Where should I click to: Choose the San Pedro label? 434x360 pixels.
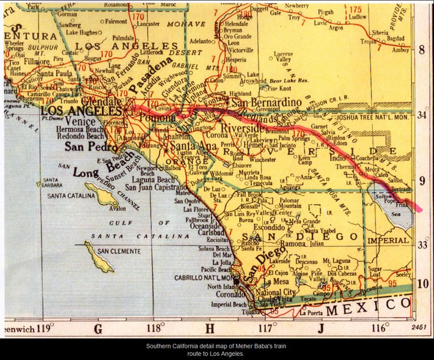(x=91, y=147)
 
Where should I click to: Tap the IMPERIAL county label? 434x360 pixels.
(x=388, y=240)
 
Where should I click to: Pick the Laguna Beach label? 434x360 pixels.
(x=150, y=180)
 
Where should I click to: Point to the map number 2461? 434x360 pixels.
(x=419, y=328)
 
